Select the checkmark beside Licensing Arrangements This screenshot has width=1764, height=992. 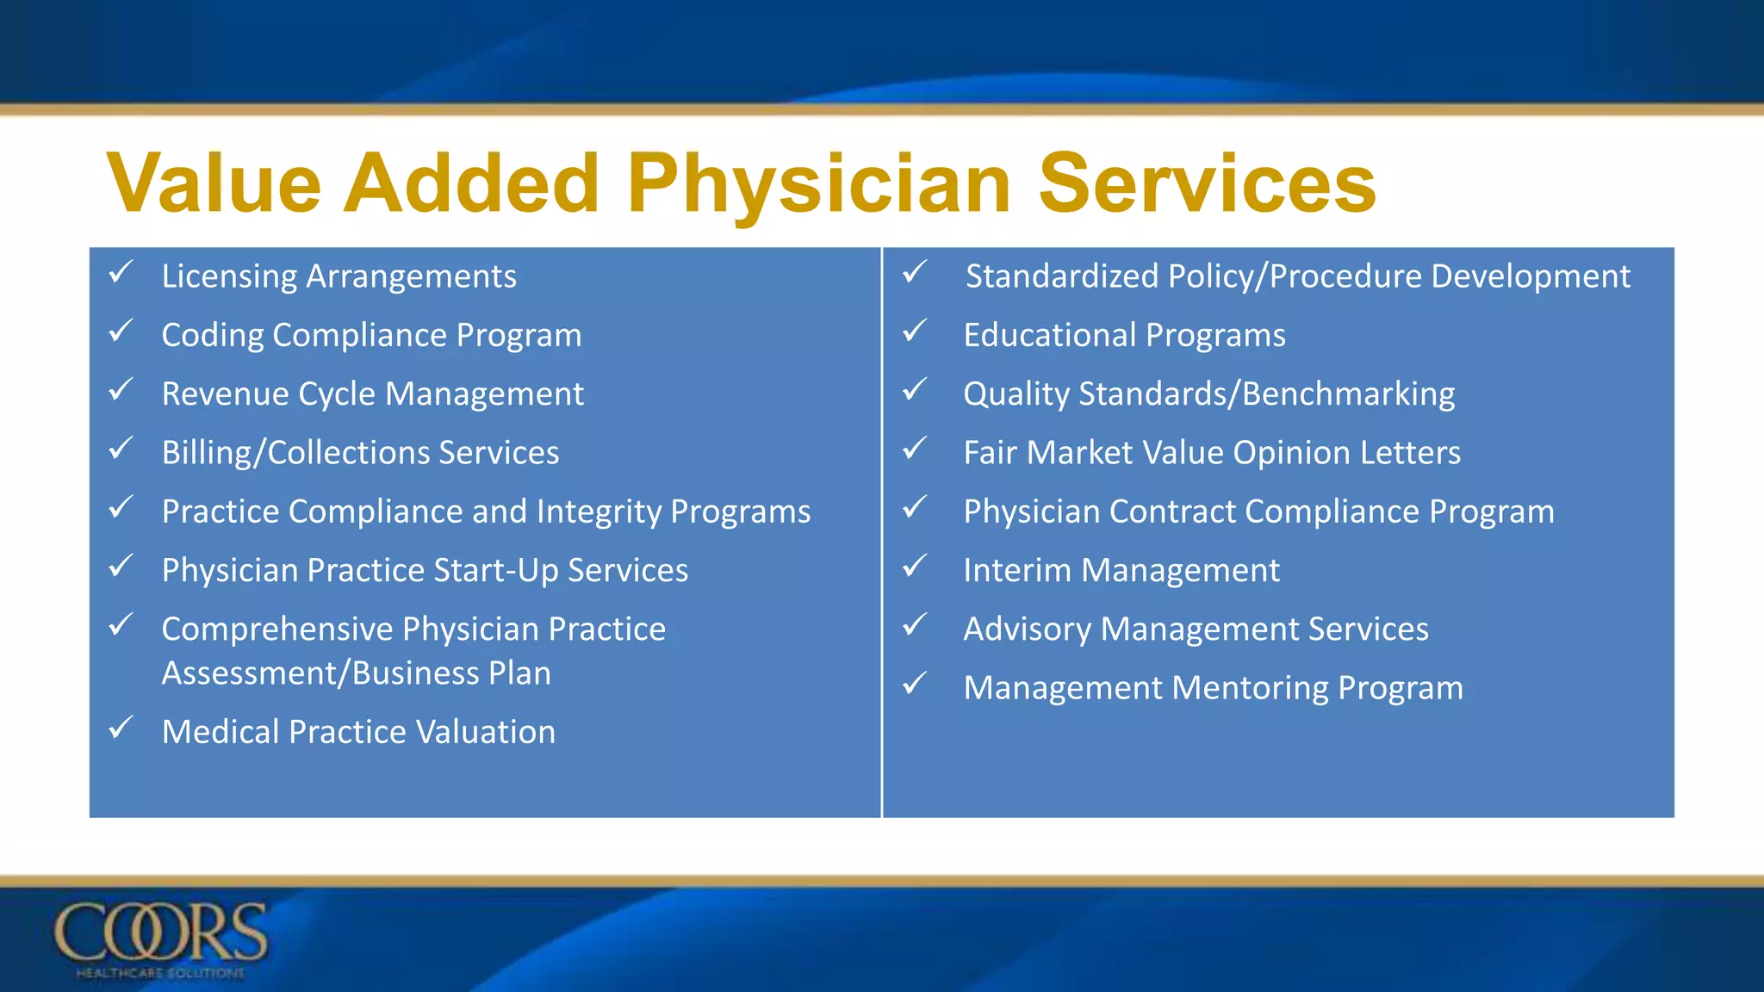pyautogui.click(x=121, y=273)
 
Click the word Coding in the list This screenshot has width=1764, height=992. pyautogui.click(x=212, y=336)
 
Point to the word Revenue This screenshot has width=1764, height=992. pyautogui.click(x=226, y=394)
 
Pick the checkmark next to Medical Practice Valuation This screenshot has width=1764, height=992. pyautogui.click(x=121, y=728)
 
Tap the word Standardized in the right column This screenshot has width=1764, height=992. pyautogui.click(x=1061, y=276)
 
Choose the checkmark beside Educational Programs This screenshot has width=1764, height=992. pyautogui.click(x=914, y=332)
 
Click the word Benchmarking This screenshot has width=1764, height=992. pyautogui.click(x=1349, y=394)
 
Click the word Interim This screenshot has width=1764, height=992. pyautogui.click(x=1016, y=570)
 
